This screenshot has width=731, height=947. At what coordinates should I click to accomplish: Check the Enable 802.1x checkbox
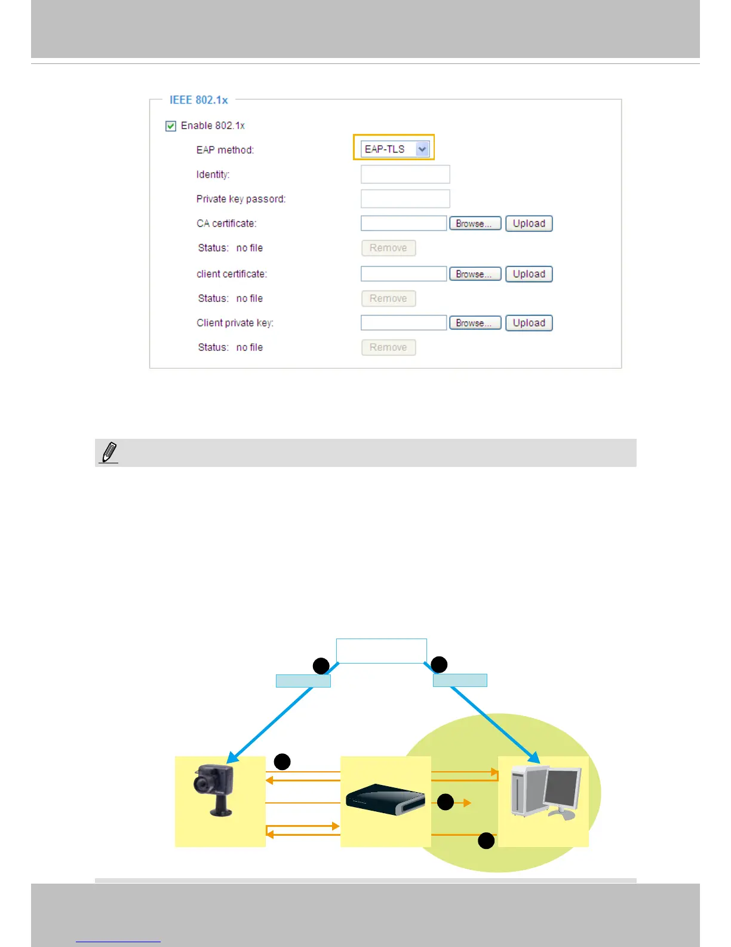click(x=171, y=126)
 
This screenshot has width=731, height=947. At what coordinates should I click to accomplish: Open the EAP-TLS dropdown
click(x=422, y=149)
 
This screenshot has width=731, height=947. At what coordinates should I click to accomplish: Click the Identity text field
click(x=405, y=175)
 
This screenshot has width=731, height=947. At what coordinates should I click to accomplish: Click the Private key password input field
click(x=405, y=199)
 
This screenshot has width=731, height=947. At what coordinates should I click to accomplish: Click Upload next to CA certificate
click(x=529, y=224)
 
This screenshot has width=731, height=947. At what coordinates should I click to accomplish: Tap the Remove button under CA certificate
click(x=388, y=248)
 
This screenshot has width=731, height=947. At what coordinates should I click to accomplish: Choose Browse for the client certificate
click(x=475, y=274)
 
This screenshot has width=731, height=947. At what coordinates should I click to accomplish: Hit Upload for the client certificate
click(x=529, y=274)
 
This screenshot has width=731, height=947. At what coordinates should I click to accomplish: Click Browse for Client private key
click(x=475, y=323)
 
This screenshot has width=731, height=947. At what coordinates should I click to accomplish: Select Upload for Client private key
click(x=529, y=323)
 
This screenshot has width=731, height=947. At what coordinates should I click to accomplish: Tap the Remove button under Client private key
click(x=388, y=347)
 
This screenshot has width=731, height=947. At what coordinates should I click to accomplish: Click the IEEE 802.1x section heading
click(x=198, y=100)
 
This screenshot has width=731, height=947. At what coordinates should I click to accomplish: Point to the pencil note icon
click(x=109, y=453)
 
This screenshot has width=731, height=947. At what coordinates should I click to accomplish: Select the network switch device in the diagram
click(x=385, y=799)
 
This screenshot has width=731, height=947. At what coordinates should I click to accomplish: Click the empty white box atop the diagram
click(x=381, y=650)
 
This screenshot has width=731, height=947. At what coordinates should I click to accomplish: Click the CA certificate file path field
click(x=404, y=224)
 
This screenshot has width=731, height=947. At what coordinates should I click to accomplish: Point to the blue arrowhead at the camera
click(x=232, y=758)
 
